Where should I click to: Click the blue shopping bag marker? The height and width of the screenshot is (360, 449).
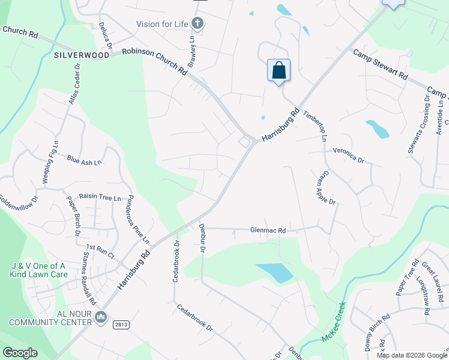[279, 71]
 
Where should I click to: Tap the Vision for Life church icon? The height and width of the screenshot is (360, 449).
[197, 24]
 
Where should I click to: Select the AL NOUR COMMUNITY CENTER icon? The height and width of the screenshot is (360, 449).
[101, 316]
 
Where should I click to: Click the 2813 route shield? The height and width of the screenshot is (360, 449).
[121, 324]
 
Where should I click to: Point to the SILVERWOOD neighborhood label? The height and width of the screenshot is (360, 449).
[82, 55]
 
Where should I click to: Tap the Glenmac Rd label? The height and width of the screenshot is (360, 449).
[268, 230]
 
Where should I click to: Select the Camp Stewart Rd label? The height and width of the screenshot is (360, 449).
[380, 65]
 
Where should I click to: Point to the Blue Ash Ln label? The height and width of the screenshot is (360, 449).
[84, 160]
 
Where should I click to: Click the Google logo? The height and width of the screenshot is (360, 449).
[20, 353]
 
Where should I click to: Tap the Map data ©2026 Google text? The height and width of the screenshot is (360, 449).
[411, 355]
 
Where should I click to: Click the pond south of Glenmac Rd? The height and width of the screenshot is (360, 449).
[274, 272]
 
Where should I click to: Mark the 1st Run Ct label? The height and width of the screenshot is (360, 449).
[100, 251]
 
